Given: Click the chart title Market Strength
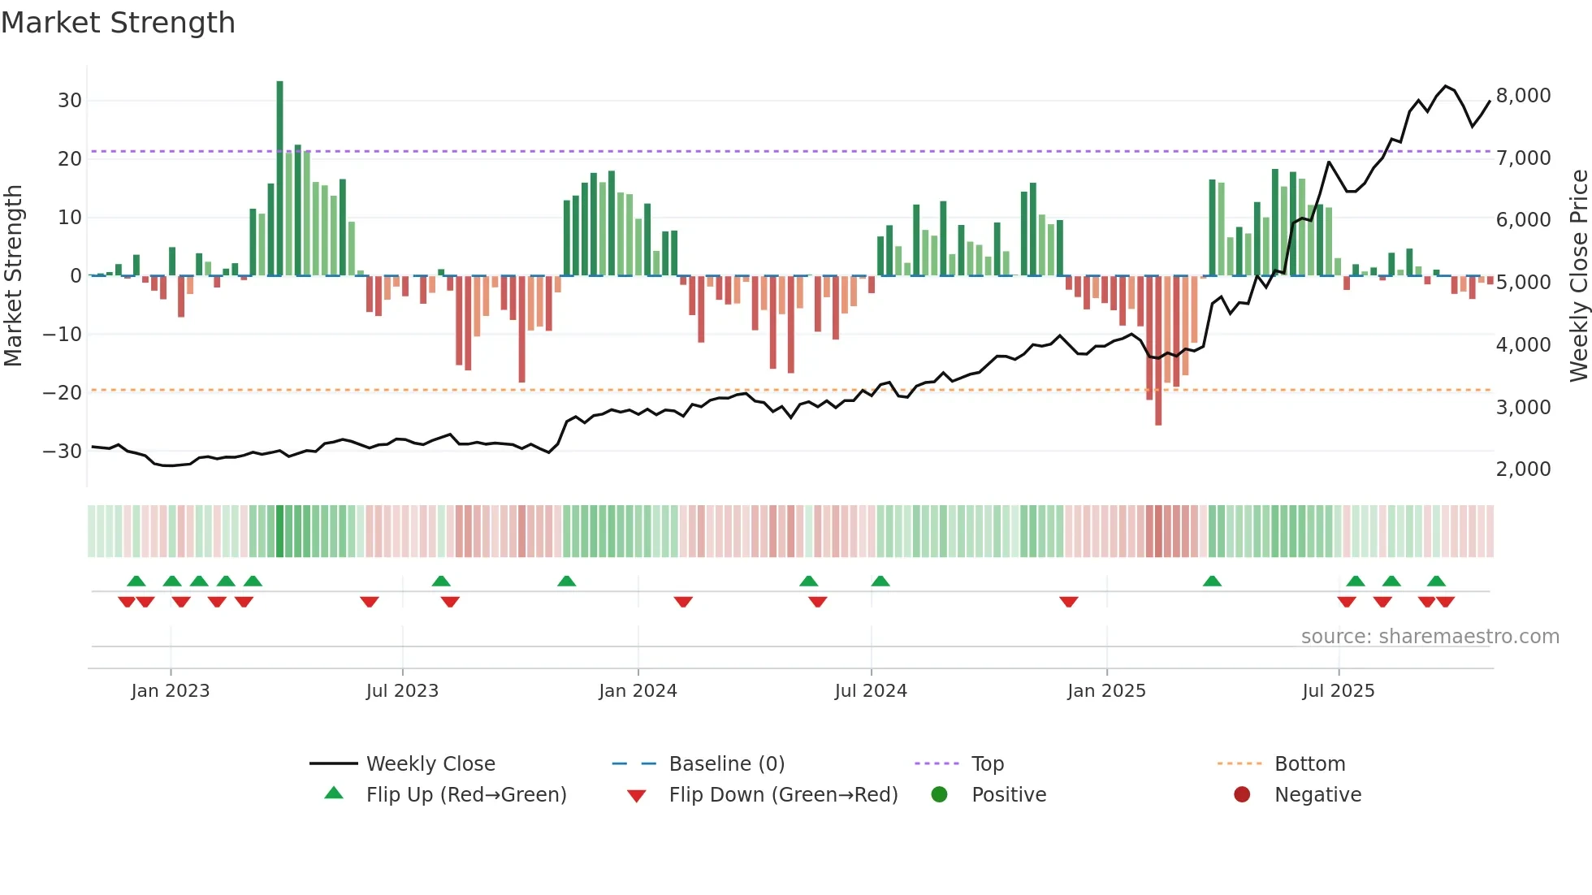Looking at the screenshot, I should tap(118, 23).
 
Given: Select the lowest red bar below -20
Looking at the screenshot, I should tap(1158, 350).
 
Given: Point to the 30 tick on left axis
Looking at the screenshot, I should tap(70, 101).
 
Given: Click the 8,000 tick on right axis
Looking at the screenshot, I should tap(1523, 96).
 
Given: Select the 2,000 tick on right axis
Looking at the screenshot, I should tap(1523, 469).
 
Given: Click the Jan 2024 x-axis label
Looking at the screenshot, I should tap(638, 691).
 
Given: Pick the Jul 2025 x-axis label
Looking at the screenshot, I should tap(1338, 691).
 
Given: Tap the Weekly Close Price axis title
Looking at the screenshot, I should tap(1578, 276).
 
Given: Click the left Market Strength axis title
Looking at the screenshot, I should tap(13, 276).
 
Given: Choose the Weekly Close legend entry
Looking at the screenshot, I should tap(430, 764).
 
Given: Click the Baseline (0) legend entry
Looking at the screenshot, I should tap(726, 764).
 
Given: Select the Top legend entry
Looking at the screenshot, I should tap(987, 764).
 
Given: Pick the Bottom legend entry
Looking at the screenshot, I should tap(1309, 764).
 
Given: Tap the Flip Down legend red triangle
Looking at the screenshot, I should tap(637, 796).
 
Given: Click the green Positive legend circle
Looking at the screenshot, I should tap(939, 795).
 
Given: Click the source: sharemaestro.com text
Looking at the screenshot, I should tap(1430, 637).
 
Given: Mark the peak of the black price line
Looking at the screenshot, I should tap(1445, 85).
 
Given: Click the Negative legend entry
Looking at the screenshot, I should tap(1317, 795).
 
